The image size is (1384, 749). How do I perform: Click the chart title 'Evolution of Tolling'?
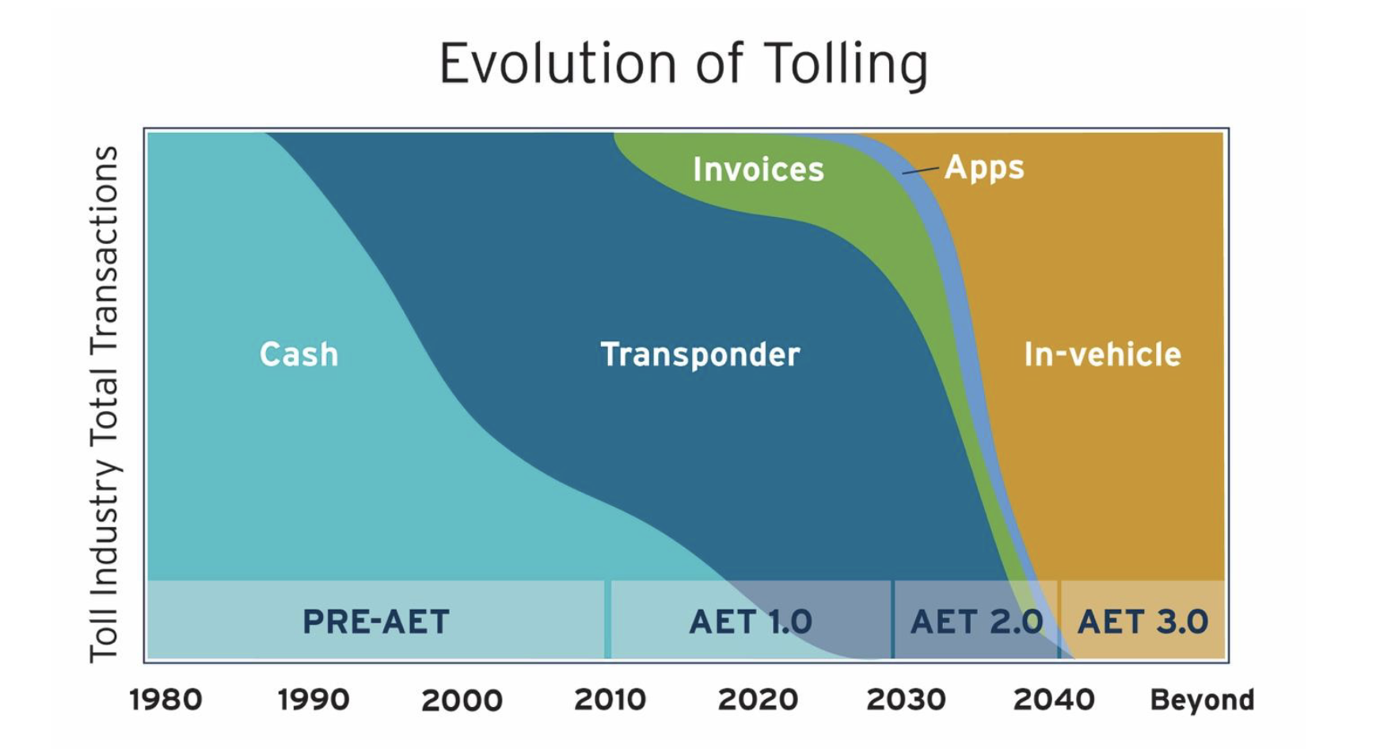pos(683,63)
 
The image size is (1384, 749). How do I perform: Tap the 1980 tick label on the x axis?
pos(165,700)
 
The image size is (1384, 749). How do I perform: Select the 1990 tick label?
pos(314,700)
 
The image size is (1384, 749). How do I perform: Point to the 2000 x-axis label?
pos(462,700)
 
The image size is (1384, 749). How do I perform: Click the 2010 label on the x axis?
pos(610,700)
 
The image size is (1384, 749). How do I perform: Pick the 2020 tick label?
pos(758,700)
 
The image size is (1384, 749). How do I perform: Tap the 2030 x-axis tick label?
pos(906,700)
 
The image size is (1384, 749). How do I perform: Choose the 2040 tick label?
pos(1054,700)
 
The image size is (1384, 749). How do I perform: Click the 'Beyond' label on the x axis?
pos(1202,700)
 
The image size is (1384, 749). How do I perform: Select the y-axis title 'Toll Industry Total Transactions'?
pos(104,404)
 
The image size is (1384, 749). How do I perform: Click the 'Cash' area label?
pos(298,354)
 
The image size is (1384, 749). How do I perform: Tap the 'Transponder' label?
pos(700,354)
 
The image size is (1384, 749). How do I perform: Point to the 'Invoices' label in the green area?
pos(759,169)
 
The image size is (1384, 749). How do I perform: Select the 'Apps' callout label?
pos(984,168)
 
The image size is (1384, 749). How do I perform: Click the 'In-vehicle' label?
pos(1102,354)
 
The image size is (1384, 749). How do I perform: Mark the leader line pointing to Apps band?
pos(921,169)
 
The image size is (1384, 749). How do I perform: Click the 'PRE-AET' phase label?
pos(376,622)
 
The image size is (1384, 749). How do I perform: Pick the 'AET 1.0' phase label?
pos(751,622)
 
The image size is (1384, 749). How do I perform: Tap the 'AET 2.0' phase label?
pos(976,622)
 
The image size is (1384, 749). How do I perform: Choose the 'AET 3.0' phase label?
pos(1143,622)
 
